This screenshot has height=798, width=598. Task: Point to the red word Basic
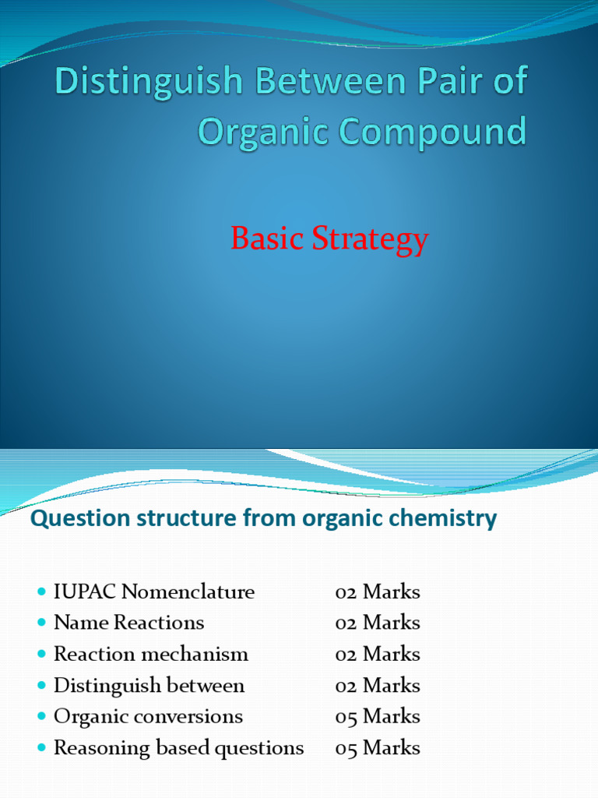pos(267,239)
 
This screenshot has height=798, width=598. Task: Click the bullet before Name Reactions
pos(42,623)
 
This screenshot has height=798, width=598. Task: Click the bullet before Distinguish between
pos(42,687)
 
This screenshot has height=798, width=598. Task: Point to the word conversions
pos(196,717)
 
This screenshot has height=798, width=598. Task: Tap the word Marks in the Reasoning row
pos(391,748)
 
